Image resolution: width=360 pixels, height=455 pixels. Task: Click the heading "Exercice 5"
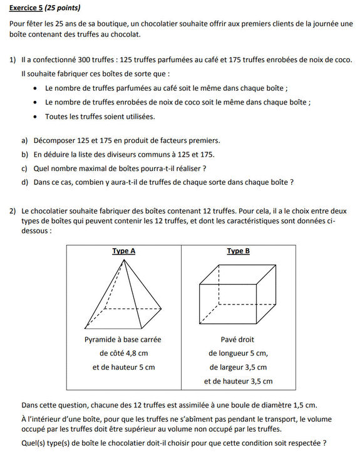coord(26,9)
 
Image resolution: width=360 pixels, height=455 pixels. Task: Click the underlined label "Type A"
coord(124,251)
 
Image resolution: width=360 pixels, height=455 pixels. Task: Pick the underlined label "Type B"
coord(238,251)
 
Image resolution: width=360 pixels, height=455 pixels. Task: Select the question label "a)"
coord(24,140)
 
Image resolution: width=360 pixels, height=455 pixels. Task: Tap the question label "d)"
coord(24,182)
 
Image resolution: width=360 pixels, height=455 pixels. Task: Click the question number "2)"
coord(13,211)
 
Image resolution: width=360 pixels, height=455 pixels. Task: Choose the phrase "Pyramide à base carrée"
coord(123,339)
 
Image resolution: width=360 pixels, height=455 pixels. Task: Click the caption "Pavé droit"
coord(238,339)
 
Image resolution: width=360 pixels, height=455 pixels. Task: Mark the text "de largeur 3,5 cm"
coord(238,367)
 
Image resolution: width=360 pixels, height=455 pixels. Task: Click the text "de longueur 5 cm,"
coord(238,353)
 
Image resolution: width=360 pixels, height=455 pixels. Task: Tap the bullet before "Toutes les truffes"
coord(35,117)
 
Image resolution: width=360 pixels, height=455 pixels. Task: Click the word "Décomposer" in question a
coord(53,140)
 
